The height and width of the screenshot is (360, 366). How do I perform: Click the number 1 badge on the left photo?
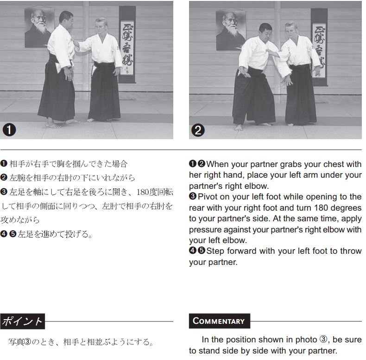tap(9, 130)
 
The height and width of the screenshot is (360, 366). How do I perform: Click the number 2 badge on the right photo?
tap(198, 130)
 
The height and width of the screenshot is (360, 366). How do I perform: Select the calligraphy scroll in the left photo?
tap(127, 45)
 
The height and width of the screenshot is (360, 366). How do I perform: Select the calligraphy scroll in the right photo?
tap(319, 47)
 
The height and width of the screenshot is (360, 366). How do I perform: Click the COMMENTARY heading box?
tap(220, 321)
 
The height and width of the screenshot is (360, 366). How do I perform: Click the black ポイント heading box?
tap(22, 321)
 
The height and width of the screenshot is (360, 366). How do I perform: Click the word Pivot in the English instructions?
tap(208, 197)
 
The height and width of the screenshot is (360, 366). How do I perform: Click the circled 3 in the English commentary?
tap(323, 339)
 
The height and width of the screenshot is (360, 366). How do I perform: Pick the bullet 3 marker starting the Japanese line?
tap(4, 192)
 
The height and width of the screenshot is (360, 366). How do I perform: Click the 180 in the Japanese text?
tap(143, 192)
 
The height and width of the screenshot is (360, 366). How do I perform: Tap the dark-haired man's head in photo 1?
tap(66, 19)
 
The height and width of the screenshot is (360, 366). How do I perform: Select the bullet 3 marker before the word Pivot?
tap(193, 196)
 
